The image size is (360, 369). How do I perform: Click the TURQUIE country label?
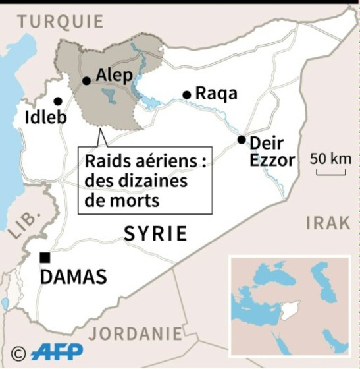61,21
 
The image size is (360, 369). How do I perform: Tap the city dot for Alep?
86,81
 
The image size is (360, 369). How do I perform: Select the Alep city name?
115,75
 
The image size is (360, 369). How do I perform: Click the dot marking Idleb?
58,101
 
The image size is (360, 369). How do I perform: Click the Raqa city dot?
187,95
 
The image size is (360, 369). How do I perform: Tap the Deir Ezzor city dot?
242,140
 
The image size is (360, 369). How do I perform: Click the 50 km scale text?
330,159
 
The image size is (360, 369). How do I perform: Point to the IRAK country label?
328,223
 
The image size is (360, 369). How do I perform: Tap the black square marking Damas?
45,257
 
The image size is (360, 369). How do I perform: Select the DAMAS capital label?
74,277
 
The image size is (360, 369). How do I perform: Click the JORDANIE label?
136,333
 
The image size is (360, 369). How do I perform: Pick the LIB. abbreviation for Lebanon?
23,224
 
